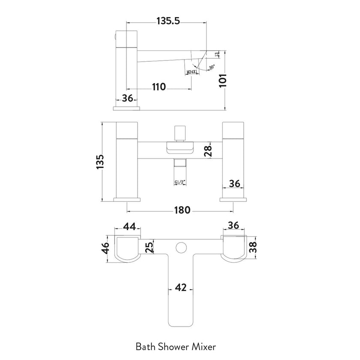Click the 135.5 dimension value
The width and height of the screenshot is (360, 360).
[x=165, y=21]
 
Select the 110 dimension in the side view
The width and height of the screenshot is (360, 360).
[x=158, y=87]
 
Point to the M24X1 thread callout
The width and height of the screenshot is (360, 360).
[x=192, y=72]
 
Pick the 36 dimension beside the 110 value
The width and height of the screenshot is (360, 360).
[x=127, y=98]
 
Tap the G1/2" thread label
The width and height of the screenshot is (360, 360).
[x=180, y=183]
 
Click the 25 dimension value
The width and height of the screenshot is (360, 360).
[x=148, y=247]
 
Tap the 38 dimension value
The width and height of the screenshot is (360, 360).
[x=254, y=247]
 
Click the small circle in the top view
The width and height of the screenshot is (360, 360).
[x=181, y=247]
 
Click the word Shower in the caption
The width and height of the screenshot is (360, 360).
[x=175, y=345]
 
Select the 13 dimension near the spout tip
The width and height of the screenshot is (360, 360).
[x=217, y=54]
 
